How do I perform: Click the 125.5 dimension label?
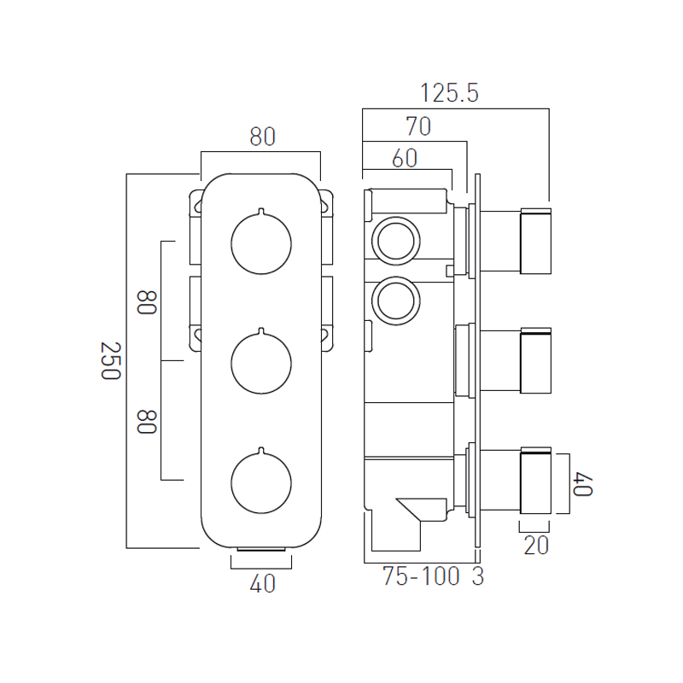(449, 93)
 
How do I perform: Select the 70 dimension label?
(418, 126)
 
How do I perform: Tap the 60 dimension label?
(405, 158)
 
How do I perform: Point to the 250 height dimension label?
(111, 360)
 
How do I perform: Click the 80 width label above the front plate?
(263, 137)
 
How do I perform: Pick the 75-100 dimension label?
(421, 576)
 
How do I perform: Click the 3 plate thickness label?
(478, 576)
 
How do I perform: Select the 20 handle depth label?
(536, 546)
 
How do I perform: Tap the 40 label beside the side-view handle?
(583, 484)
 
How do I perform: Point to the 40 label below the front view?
(263, 584)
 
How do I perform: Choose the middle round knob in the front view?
(261, 363)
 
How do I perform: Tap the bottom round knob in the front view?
(261, 482)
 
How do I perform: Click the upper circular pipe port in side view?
(396, 241)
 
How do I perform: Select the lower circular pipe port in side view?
(396, 301)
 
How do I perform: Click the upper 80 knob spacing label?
(146, 302)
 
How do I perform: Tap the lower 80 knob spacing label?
(146, 422)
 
